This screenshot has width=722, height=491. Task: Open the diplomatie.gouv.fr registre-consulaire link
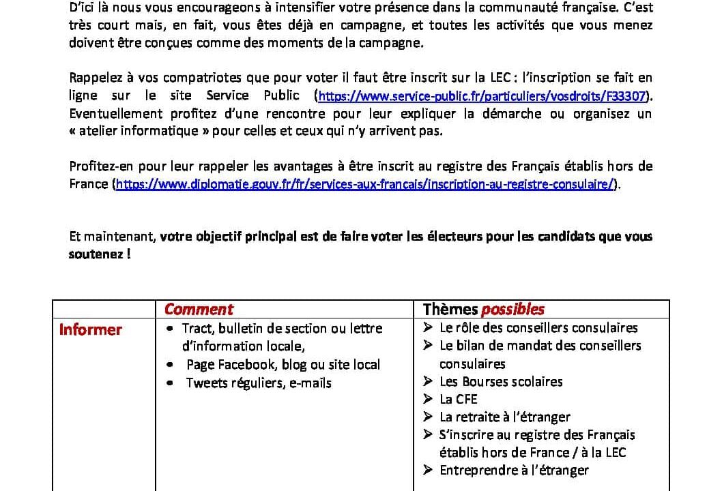[x=365, y=184]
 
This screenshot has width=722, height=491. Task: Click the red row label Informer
[x=90, y=330]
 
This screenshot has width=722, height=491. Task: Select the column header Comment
[x=199, y=309]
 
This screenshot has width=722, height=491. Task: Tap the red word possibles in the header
[x=512, y=309]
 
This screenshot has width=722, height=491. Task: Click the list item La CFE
[x=458, y=399]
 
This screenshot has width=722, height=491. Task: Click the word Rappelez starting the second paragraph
[x=95, y=78]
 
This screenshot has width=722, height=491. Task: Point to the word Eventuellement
[x=116, y=113]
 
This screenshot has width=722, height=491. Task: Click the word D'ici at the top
[x=83, y=8]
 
